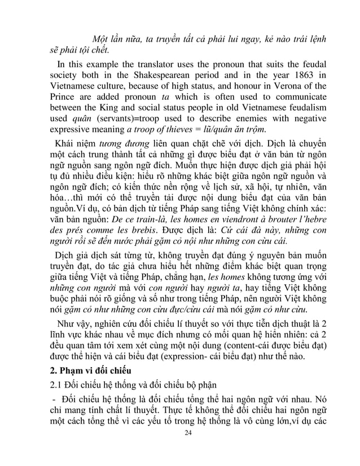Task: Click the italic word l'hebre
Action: click(x=309, y=219)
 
